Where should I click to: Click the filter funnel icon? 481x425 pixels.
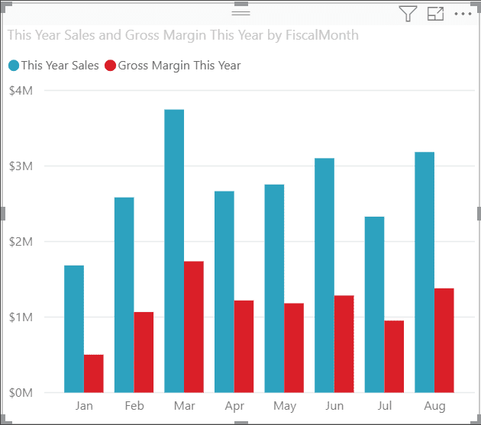pos(408,14)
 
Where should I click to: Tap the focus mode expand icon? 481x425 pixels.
pos(435,14)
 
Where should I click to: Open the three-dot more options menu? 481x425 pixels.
pos(463,14)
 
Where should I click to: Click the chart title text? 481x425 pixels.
pos(182,35)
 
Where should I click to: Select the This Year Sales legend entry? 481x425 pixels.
pos(53,66)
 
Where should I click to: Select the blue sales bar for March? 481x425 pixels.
pos(174,251)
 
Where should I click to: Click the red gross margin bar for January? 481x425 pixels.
pos(93,374)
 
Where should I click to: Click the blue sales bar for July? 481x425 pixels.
pos(374,304)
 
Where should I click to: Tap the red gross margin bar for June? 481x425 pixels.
pos(344,344)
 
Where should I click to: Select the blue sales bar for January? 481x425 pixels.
pos(74,329)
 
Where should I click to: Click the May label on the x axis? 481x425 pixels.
pos(284,406)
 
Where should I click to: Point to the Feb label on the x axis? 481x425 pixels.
pos(134,406)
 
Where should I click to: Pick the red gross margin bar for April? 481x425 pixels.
pos(244,346)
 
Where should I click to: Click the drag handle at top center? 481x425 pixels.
pos(240,13)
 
